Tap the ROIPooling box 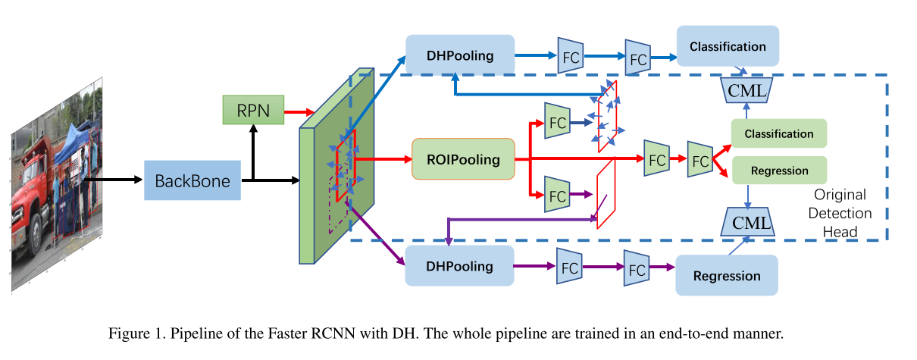(x=463, y=159)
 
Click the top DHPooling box (x=460, y=55)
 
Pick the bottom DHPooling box (x=460, y=266)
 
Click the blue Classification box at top (x=728, y=46)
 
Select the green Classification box (x=778, y=133)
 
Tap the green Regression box (x=778, y=171)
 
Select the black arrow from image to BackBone (x=114, y=180)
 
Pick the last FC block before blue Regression (x=637, y=268)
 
